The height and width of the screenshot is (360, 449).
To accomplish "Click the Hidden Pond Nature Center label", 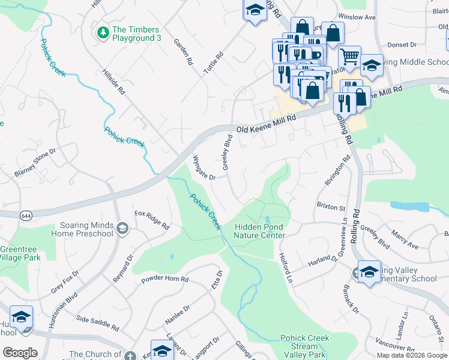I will click(x=259, y=231).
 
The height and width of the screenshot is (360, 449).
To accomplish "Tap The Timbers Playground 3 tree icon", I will click(x=103, y=32).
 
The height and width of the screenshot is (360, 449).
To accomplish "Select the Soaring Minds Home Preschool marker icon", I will click(x=122, y=228).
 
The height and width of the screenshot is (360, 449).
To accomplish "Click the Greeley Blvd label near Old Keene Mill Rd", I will click(x=228, y=152).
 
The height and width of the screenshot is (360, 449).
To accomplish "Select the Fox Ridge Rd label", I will click(x=152, y=220).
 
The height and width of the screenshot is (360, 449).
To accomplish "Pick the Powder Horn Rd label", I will click(x=164, y=280).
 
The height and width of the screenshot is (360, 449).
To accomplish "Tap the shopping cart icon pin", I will click(x=349, y=57).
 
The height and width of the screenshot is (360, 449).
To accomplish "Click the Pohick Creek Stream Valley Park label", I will click(x=304, y=346).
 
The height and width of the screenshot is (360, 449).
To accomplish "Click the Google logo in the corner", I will click(x=20, y=353).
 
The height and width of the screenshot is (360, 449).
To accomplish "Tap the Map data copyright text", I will click(x=412, y=355).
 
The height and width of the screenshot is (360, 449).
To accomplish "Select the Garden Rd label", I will click(x=183, y=52).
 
